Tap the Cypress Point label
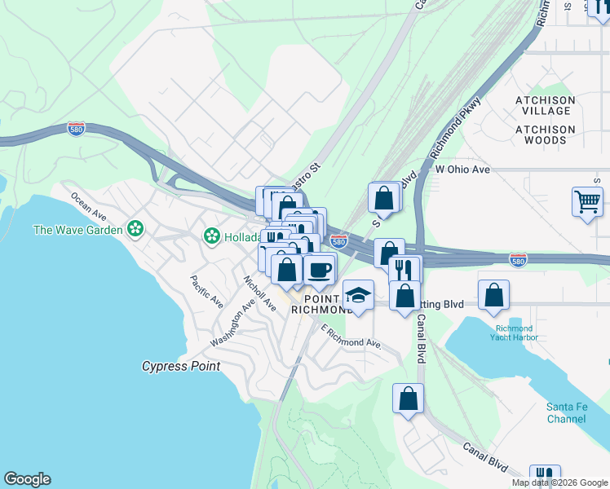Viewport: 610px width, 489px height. click(x=181, y=367)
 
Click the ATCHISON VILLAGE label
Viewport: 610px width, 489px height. click(x=545, y=106)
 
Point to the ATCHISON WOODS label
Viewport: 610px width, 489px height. click(x=545, y=134)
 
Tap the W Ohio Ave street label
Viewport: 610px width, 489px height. click(x=462, y=170)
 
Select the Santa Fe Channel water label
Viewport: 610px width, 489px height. click(x=566, y=412)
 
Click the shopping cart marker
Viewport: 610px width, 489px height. click(x=588, y=200)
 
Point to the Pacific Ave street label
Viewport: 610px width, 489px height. click(x=206, y=292)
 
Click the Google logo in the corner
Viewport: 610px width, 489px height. click(x=27, y=479)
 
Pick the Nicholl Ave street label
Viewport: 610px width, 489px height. click(x=259, y=293)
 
